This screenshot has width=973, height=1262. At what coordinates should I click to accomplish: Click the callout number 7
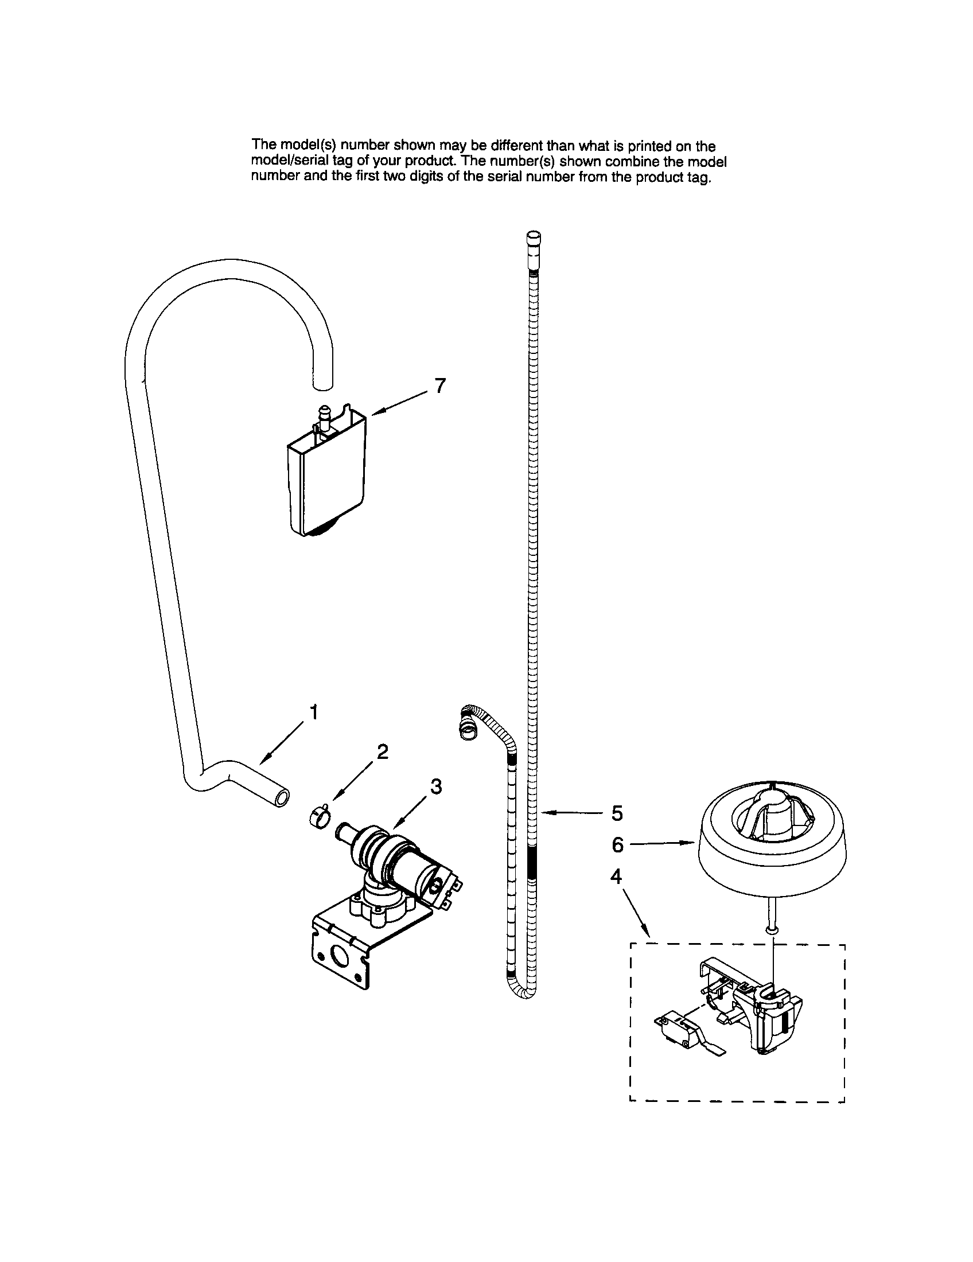tap(440, 386)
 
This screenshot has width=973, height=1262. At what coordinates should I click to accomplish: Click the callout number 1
tap(314, 713)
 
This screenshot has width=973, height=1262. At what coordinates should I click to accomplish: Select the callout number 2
tap(382, 751)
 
